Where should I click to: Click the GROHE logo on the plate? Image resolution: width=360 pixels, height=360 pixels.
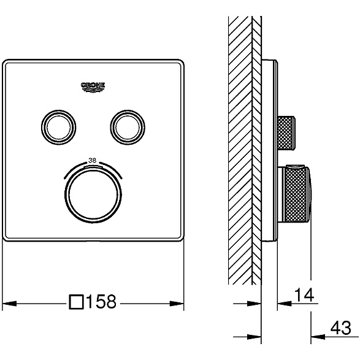point(93,88)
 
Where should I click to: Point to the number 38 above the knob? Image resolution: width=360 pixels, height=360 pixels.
point(92,160)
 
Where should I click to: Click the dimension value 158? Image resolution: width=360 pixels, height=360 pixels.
point(101,302)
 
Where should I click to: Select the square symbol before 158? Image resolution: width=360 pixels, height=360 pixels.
point(76,302)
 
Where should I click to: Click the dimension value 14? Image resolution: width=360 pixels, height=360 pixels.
point(304,295)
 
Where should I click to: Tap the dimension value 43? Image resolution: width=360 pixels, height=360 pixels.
point(341,327)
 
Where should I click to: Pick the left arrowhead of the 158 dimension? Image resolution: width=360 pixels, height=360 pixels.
point(9,304)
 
